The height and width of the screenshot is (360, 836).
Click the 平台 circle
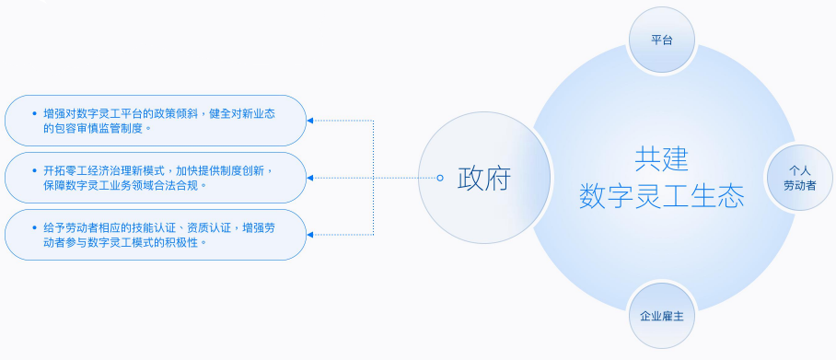tap(660, 41)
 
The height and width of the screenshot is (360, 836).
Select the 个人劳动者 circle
tap(799, 178)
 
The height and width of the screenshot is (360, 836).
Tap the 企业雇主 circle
tap(661, 316)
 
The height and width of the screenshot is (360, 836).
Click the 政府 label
tap(484, 178)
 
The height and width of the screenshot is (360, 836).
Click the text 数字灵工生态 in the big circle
tap(660, 195)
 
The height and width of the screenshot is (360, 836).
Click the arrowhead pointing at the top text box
tap(310, 121)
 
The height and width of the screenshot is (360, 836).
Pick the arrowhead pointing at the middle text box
tap(310, 178)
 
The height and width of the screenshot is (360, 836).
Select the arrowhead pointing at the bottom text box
tap(310, 235)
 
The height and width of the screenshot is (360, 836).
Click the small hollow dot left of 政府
tap(440, 178)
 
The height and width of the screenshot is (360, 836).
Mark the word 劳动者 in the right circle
tap(799, 185)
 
